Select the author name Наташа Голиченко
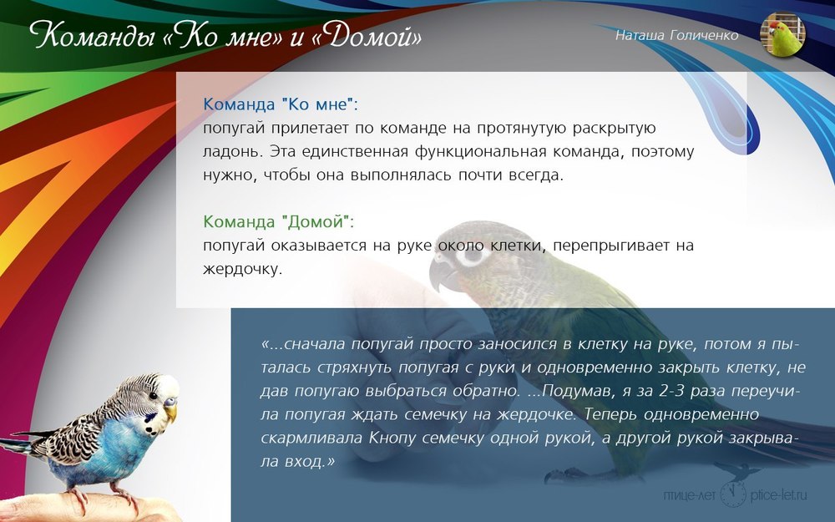coord(677,35)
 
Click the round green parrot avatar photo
coord(782,34)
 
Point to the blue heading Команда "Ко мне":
coord(281,104)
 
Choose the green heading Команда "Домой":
coord(279,221)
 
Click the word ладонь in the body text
coord(233,152)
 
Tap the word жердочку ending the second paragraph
coord(242,270)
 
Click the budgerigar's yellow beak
coord(170,410)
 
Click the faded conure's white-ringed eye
coord(471,255)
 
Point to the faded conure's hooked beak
coord(441,274)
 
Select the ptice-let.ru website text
coord(778,494)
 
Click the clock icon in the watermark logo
coord(733,494)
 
